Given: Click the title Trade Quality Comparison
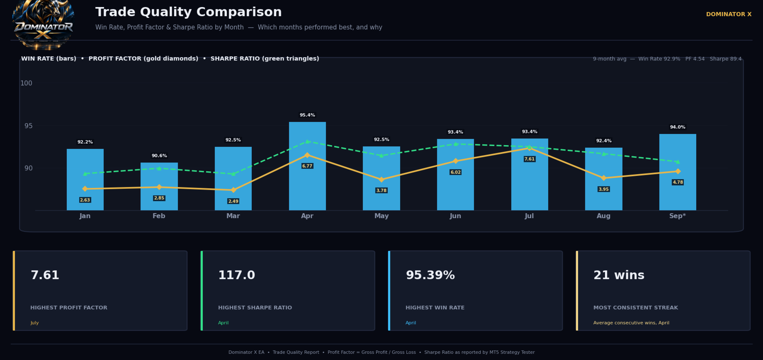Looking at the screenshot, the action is pos(189,12).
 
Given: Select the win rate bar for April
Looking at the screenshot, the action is pos(307,166).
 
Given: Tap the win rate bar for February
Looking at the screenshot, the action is pos(159,186).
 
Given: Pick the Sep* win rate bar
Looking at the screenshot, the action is pos(678,172).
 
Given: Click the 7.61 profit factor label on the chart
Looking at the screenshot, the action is pos(530,159).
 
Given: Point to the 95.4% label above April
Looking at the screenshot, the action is pos(307,115).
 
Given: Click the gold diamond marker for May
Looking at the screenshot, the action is pos(381,180).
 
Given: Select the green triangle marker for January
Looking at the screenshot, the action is pos(85,174).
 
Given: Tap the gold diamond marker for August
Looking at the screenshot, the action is pos(604,178).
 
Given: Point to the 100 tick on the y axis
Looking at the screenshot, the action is pos(26,83).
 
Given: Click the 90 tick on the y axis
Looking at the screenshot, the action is pos(28,168).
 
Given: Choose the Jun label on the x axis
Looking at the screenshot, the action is pos(455,216).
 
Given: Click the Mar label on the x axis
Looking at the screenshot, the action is pos(233,216).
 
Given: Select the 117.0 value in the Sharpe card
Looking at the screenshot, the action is pos(236,275).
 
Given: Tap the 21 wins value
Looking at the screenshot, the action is pos(619,275).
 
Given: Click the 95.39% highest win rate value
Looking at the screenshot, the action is pos(430,275).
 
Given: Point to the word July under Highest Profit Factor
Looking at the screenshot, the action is pos(34,323).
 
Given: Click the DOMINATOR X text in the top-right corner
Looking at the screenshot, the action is pos(729,14).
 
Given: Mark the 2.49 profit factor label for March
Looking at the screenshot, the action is pos(233,201).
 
